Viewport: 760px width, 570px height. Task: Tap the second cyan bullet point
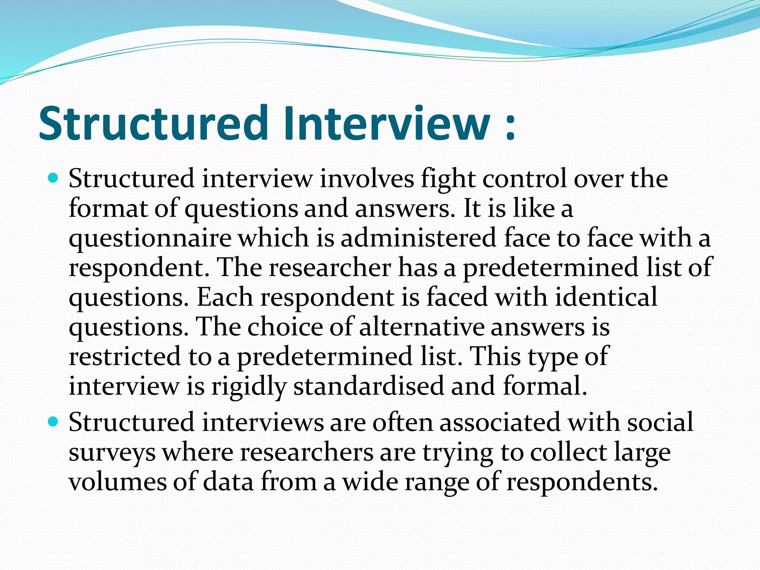click(53, 422)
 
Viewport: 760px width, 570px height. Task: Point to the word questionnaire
click(150, 239)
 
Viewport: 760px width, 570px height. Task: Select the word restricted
click(125, 356)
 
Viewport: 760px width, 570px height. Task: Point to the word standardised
click(368, 386)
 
